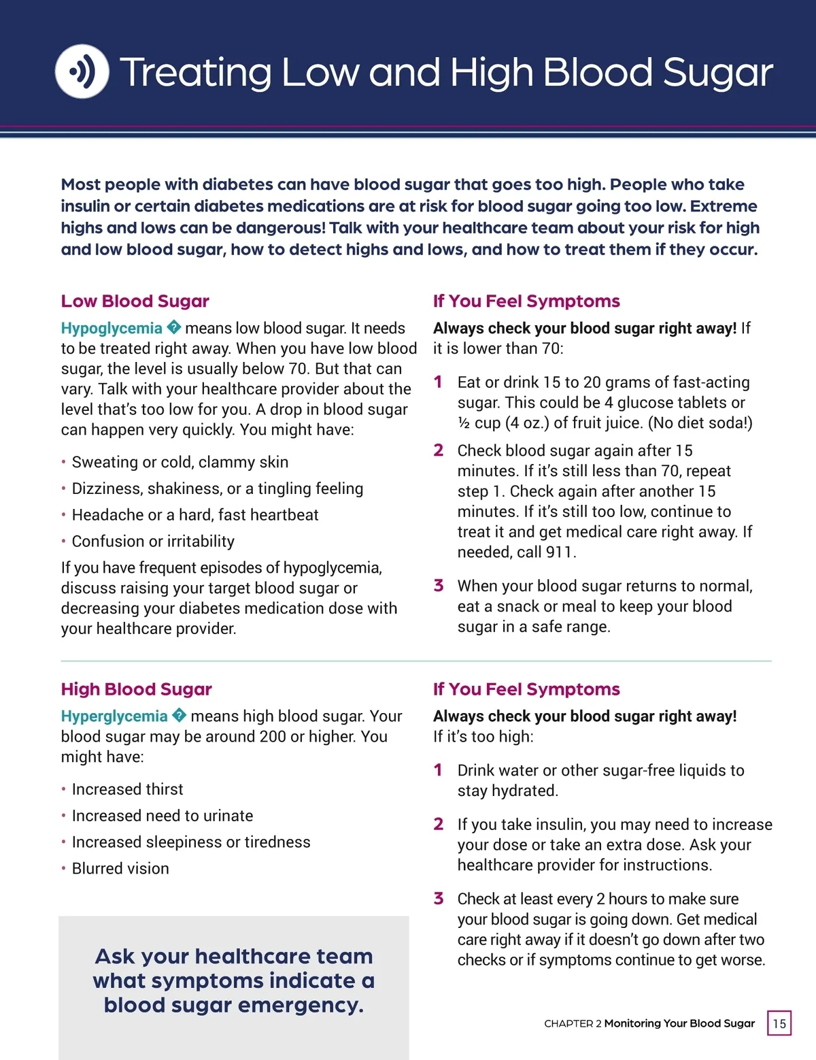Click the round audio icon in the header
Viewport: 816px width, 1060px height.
click(x=82, y=71)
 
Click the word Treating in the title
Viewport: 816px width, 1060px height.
click(x=196, y=72)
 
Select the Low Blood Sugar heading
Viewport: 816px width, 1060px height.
click(x=135, y=301)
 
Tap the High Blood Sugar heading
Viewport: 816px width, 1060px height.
click(x=136, y=689)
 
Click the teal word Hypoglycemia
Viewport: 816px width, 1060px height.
click(x=112, y=328)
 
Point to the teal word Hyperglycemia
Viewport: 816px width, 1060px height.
click(x=114, y=716)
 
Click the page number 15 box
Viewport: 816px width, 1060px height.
click(x=779, y=1023)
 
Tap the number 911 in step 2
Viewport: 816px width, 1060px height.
click(x=560, y=552)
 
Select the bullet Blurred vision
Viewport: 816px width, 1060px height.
click(x=120, y=868)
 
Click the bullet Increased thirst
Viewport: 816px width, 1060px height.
click(x=127, y=789)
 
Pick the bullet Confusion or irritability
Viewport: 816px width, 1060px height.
click(x=153, y=541)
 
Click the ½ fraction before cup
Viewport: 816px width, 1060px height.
click(x=464, y=423)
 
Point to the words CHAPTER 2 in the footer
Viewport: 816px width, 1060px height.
click(x=573, y=1023)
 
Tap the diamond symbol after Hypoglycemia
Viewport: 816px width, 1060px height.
click(x=174, y=328)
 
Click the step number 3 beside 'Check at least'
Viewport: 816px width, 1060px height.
click(x=439, y=899)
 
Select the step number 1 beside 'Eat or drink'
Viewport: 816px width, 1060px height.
click(x=439, y=382)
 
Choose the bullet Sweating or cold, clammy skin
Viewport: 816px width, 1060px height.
click(x=180, y=462)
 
